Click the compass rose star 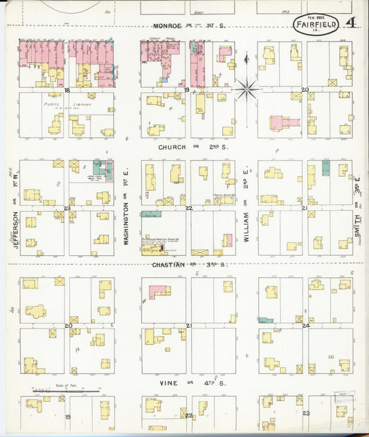tap(246, 89)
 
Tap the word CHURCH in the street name tap(172, 147)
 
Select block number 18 tap(67, 90)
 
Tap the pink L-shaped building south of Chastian tap(158, 292)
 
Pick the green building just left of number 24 tap(264, 319)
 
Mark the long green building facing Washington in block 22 tap(151, 214)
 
